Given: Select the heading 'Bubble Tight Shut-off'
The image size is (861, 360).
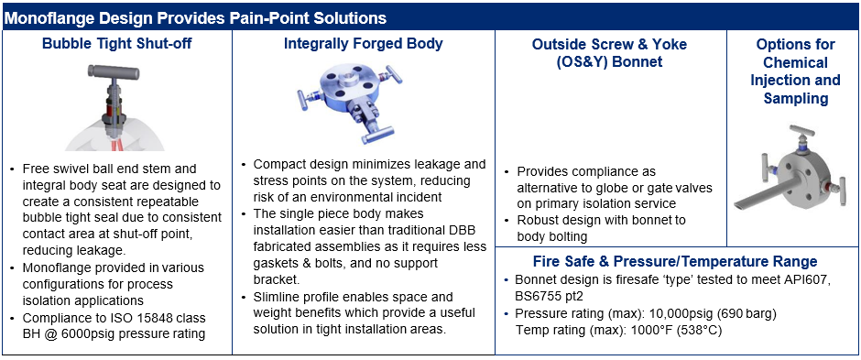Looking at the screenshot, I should coord(115,43).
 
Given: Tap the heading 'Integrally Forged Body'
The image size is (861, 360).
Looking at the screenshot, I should coord(363,43).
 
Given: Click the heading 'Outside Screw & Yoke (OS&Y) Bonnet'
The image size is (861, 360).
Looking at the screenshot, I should coord(609,53).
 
